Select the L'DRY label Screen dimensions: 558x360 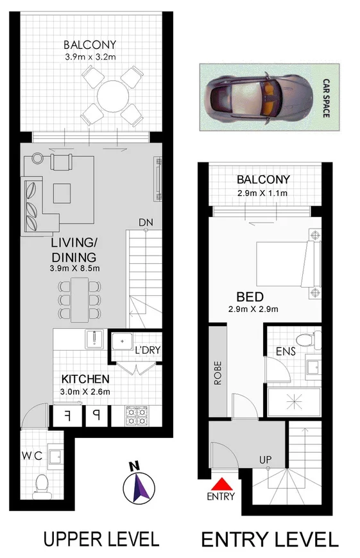pyautogui.click(x=147, y=350)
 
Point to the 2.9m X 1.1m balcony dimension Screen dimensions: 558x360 pyautogui.click(x=263, y=193)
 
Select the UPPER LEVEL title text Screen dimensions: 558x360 pyautogui.click(x=101, y=538)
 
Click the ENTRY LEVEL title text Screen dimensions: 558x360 pyautogui.click(x=270, y=539)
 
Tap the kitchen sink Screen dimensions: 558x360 pyautogui.click(x=94, y=339)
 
